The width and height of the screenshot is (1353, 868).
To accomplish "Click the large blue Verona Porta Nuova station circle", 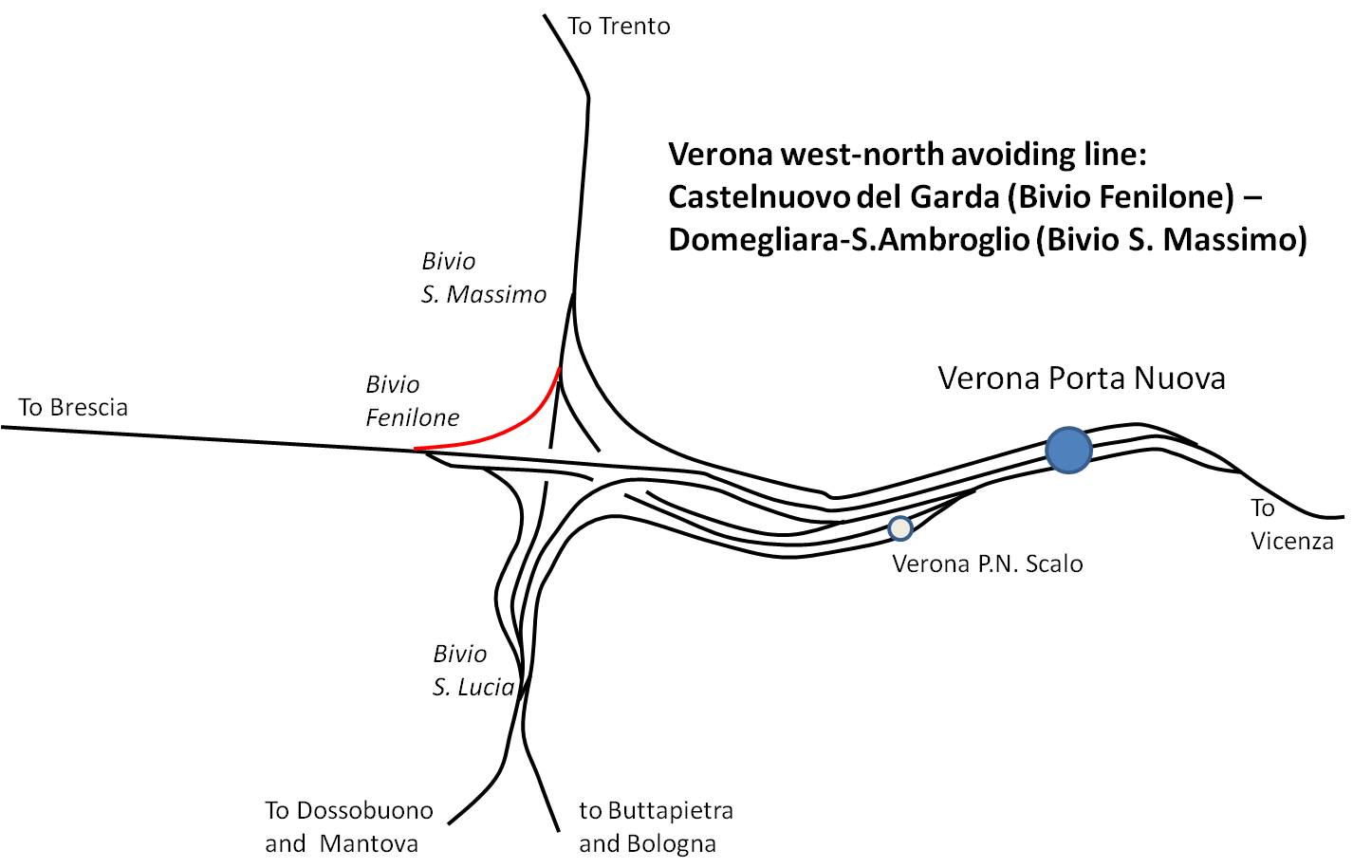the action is [1068, 450].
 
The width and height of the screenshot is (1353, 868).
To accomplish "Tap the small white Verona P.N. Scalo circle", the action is [900, 528].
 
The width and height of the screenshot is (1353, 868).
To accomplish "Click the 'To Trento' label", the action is [619, 27].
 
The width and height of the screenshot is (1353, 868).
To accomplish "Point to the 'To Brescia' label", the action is [73, 408].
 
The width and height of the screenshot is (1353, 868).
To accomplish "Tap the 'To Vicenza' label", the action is [1291, 525].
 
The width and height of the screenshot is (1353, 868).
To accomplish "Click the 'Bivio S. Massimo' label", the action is [483, 278].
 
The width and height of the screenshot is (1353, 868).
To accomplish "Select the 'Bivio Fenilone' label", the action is [413, 401].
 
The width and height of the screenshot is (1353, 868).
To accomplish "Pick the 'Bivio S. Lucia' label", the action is [473, 671].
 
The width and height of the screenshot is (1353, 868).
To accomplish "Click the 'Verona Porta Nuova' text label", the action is [1082, 379].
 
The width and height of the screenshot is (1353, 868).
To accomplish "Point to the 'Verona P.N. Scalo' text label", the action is [988, 564].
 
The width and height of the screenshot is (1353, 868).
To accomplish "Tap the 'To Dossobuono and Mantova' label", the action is [349, 827].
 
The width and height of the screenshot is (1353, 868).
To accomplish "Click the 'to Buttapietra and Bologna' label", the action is [656, 827].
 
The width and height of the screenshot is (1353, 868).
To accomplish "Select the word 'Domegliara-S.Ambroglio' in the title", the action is [848, 240].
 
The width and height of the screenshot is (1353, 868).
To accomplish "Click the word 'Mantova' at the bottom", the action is [368, 844].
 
